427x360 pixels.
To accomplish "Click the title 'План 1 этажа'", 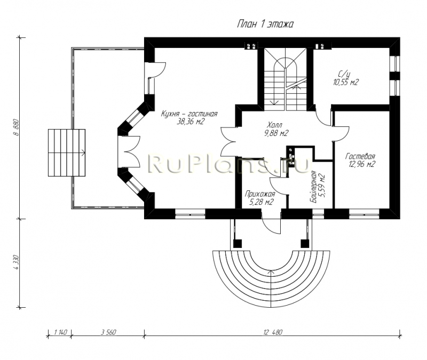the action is pos(265,24).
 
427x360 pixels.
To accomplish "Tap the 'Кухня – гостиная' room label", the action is pos(189,114).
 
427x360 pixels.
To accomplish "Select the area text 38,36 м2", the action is pos(191,122).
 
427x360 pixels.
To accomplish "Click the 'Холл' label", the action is pos(274,125).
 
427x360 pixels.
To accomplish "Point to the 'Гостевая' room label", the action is pos(360,156).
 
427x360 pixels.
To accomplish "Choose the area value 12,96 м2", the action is pos(362,164).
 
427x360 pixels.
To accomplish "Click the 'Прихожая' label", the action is pos(260,194).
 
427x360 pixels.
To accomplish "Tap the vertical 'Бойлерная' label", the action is pos(314,187).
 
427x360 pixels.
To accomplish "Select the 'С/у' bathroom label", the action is pos(344,74).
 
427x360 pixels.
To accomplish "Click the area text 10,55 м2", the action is pos(345,82).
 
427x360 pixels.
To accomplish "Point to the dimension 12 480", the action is pos(273,332).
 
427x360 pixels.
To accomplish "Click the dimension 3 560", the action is pos(108,332).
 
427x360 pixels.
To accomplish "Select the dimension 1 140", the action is pos(61,332).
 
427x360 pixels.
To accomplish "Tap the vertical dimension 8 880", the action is pos(16,127).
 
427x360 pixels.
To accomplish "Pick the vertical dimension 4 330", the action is pos(16,262).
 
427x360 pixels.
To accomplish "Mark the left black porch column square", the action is pos(238,243).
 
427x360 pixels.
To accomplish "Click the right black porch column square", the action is pos(304,243).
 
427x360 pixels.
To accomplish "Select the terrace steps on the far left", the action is pos(67,153).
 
